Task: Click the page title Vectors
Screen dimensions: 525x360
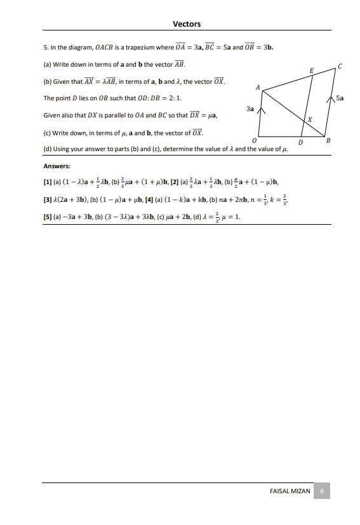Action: point(187,24)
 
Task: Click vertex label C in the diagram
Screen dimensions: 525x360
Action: point(340,66)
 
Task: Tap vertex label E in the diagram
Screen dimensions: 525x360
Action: point(311,69)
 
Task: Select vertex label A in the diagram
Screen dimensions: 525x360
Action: point(257,86)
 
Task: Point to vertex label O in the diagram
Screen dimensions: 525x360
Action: point(254,140)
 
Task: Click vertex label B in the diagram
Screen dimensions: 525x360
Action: point(328,141)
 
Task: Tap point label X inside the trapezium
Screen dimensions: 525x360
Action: point(309,119)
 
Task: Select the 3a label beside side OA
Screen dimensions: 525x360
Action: point(250,109)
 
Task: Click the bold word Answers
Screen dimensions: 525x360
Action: point(57,166)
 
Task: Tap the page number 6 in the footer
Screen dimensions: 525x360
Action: point(322,491)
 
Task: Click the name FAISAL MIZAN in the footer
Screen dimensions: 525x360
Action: point(290,491)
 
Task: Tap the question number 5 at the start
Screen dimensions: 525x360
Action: point(45,48)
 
